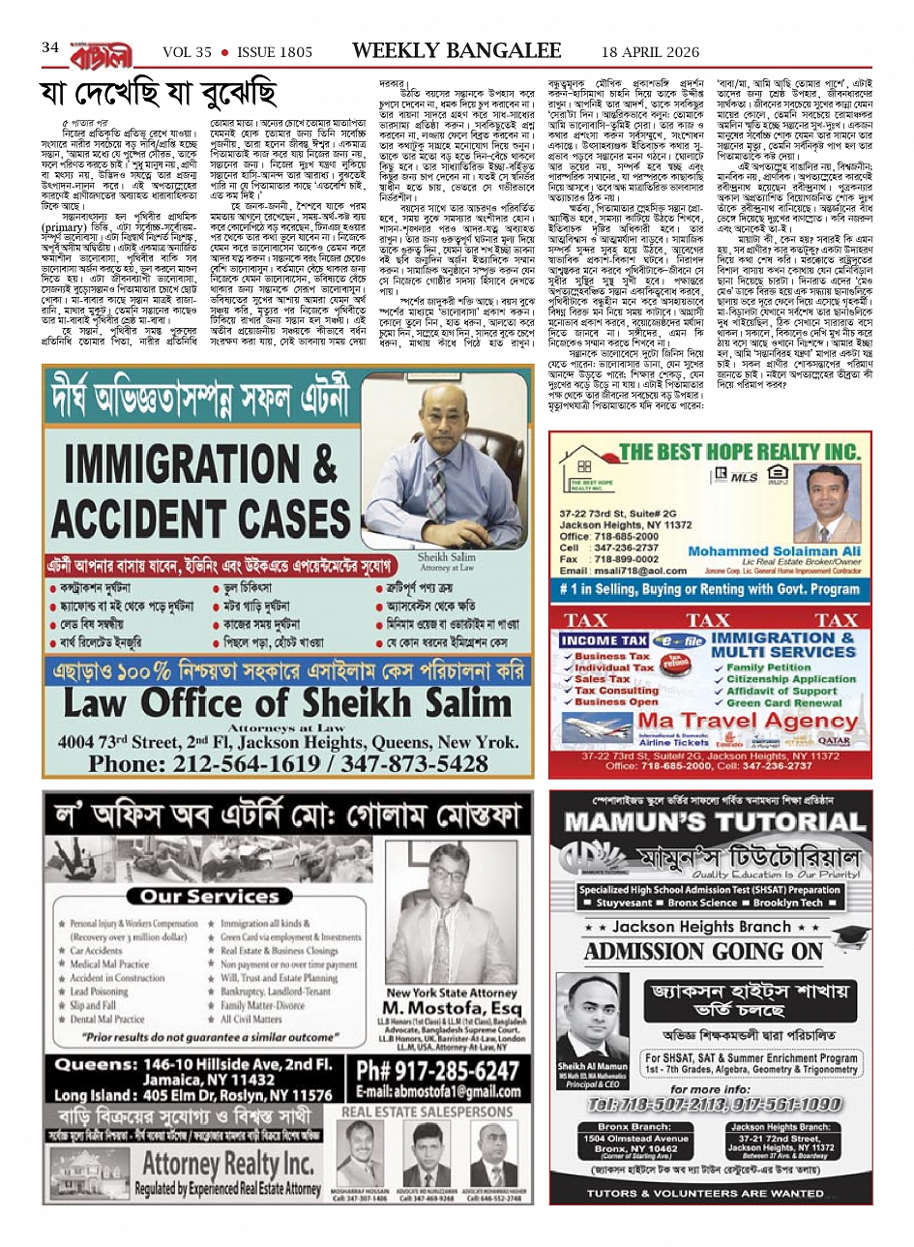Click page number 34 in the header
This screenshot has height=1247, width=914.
click(49, 47)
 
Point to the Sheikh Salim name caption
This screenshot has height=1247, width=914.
click(446, 558)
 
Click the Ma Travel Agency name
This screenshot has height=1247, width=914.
click(749, 721)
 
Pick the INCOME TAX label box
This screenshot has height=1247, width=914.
click(604, 640)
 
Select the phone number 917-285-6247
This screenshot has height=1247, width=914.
click(437, 1071)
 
